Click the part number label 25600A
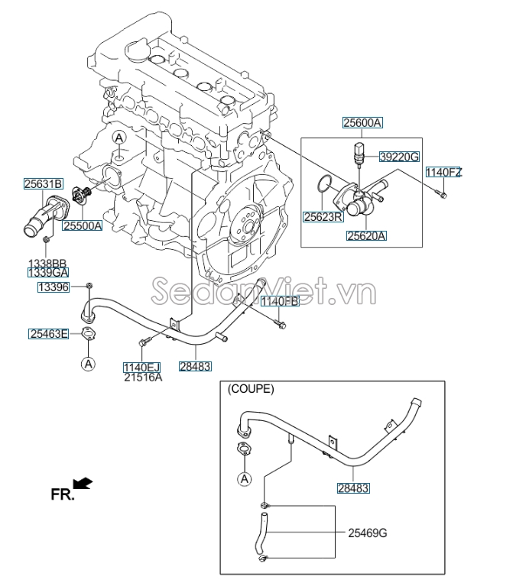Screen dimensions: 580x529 362,122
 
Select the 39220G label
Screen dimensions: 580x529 399,157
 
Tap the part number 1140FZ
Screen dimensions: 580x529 443,172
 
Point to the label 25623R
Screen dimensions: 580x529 323,217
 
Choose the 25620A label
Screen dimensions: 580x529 366,236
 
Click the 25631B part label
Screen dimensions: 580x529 43,183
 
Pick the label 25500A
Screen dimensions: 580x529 82,226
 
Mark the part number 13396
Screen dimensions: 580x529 54,287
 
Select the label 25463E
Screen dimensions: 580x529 49,333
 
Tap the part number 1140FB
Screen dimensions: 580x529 279,302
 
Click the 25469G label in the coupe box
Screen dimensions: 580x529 368,533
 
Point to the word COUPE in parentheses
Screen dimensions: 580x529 250,389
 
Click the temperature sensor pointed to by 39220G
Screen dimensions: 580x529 359,151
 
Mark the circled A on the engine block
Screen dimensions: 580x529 119,138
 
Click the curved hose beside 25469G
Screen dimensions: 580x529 260,534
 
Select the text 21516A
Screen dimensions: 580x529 144,377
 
